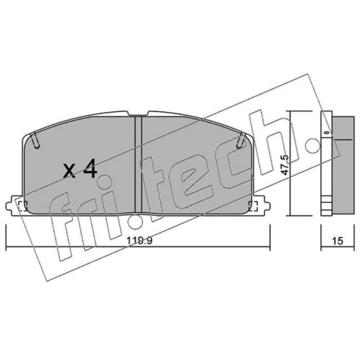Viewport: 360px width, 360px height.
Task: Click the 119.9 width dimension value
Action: [140, 241]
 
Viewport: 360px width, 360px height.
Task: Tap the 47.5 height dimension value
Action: [285, 165]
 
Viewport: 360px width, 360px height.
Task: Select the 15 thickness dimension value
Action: [337, 241]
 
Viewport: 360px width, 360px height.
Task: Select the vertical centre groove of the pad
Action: [138, 164]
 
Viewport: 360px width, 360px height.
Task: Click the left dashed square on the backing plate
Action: [22, 206]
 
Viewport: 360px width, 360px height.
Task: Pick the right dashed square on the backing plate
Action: [253, 206]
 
